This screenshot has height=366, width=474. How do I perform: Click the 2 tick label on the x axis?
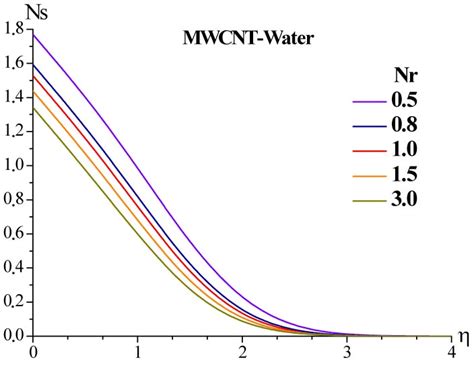click(242, 353)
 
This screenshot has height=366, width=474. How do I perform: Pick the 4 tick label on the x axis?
click(449, 353)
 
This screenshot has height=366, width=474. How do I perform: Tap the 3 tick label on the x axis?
click(346, 353)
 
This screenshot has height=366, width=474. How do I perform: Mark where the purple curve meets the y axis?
click(34, 35)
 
